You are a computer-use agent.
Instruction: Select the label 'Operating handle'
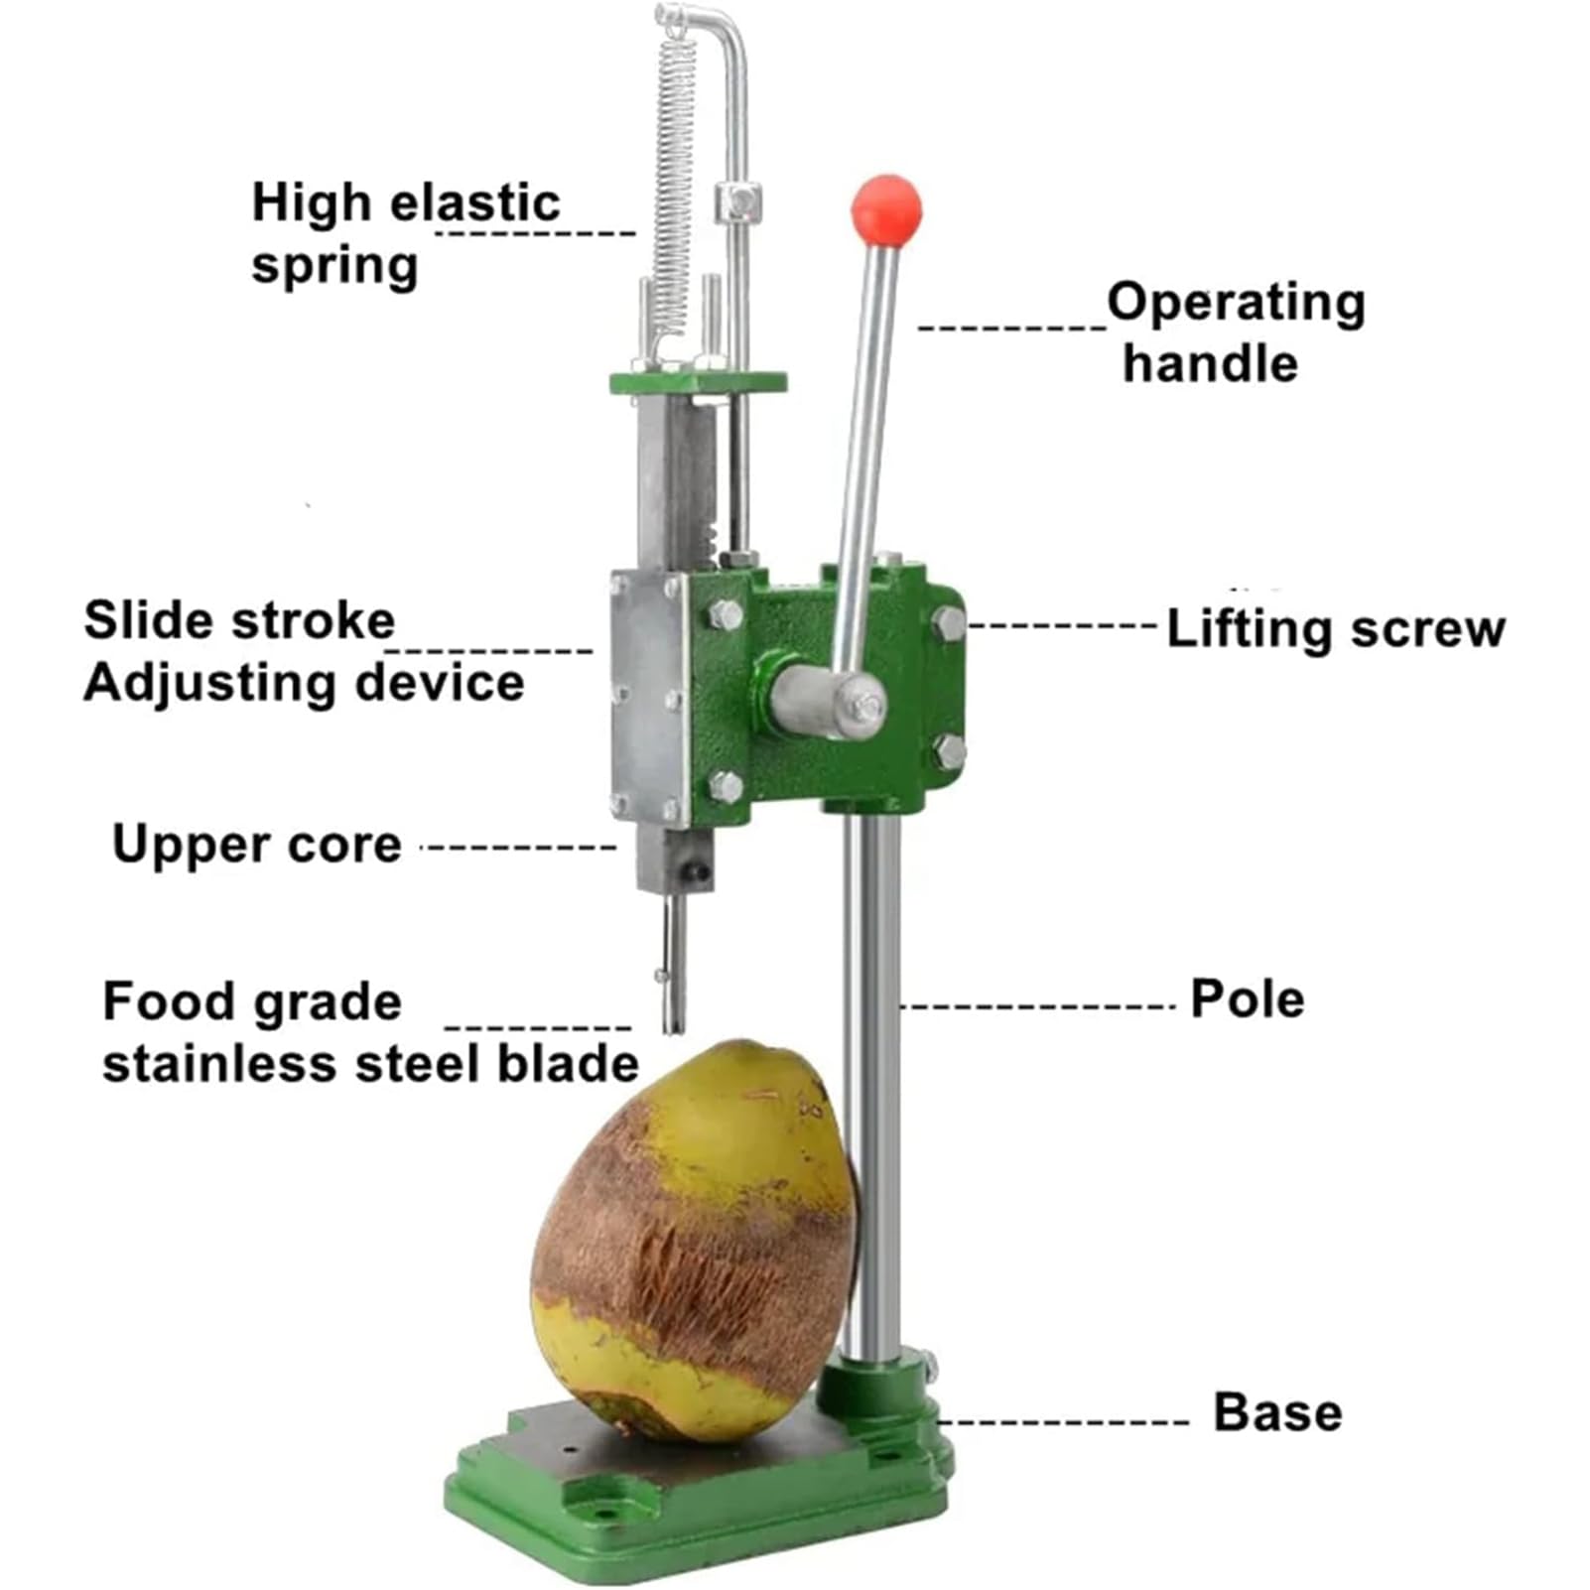1235,332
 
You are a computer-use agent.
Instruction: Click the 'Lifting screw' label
1335,629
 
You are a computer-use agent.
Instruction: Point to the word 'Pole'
1247,998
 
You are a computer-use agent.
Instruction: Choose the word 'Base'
1277,1412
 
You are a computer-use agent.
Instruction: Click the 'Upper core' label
257,845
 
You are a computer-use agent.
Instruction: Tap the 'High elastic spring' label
405,233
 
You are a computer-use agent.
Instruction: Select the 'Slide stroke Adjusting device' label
303,651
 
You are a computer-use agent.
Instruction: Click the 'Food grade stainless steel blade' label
370,1032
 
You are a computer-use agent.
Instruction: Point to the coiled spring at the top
672,179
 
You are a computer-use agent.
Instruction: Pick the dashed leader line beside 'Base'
1062,1421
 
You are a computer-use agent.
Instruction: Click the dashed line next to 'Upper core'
519,848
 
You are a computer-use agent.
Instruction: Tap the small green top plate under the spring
698,382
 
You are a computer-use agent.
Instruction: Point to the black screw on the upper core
698,872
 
